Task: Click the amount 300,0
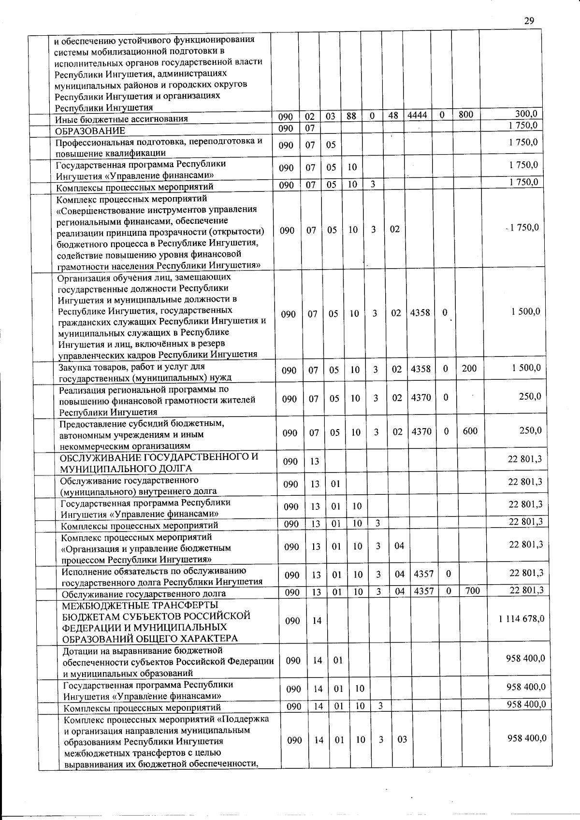pos(526,114)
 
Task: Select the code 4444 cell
pos(417,115)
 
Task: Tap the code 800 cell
pos(465,115)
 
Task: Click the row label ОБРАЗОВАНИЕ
pos(90,130)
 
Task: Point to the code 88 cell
pos(351,116)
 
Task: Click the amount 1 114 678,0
pos(522,619)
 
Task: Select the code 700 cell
pos(472,590)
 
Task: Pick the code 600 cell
pos(470,431)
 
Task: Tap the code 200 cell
pos(469,369)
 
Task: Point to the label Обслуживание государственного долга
pos(144,594)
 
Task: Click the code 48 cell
pos(393,116)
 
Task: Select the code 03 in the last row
pos(402,740)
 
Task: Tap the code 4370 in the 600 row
pos(421,432)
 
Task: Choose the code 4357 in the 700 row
pos(423,591)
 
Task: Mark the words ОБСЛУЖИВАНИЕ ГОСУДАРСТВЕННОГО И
pos(159,457)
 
